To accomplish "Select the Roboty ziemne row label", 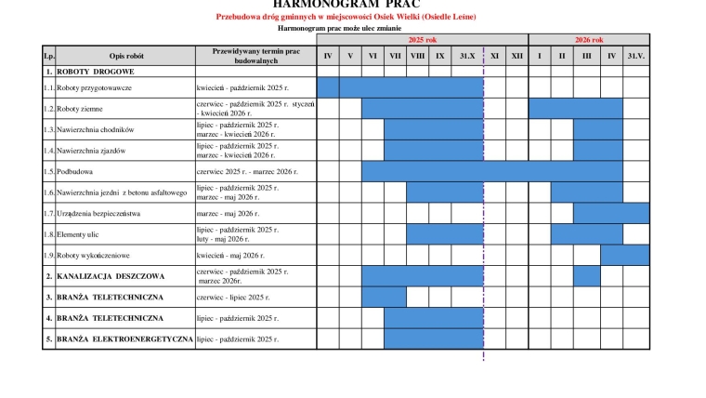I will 83,109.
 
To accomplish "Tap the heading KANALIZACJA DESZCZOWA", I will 111,276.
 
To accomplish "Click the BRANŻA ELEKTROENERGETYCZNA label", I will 124,339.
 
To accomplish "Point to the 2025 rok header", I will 423,40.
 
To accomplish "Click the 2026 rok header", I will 589,40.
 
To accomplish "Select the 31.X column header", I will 467,57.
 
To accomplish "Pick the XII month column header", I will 516,57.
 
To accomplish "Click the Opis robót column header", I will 125,57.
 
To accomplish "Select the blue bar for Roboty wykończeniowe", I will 624,255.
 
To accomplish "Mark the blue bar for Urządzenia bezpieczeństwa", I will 610,213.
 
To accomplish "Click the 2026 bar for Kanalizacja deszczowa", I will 587,276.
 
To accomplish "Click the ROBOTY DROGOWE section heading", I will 96,71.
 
